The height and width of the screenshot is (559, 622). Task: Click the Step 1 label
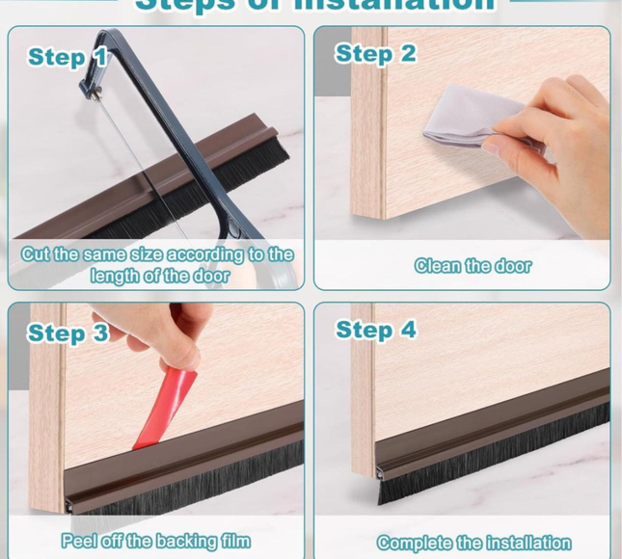pyautogui.click(x=68, y=57)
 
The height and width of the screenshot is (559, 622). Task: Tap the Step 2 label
pyautogui.click(x=375, y=54)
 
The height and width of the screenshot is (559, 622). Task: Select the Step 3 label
pyautogui.click(x=68, y=333)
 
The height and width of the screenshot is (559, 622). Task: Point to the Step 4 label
pyautogui.click(x=375, y=330)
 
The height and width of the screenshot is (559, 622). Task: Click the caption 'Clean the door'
pyautogui.click(x=473, y=265)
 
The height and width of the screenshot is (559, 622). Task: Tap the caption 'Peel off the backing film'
pyautogui.click(x=155, y=541)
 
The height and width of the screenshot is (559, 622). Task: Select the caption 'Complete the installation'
pyautogui.click(x=473, y=543)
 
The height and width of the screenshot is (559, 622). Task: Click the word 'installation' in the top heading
pyautogui.click(x=392, y=5)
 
